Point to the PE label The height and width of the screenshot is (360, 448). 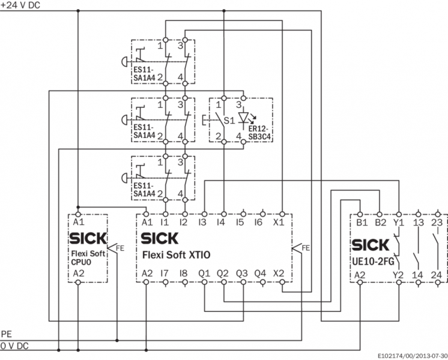click(6, 334)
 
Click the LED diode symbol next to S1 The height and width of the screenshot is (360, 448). click(244, 118)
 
